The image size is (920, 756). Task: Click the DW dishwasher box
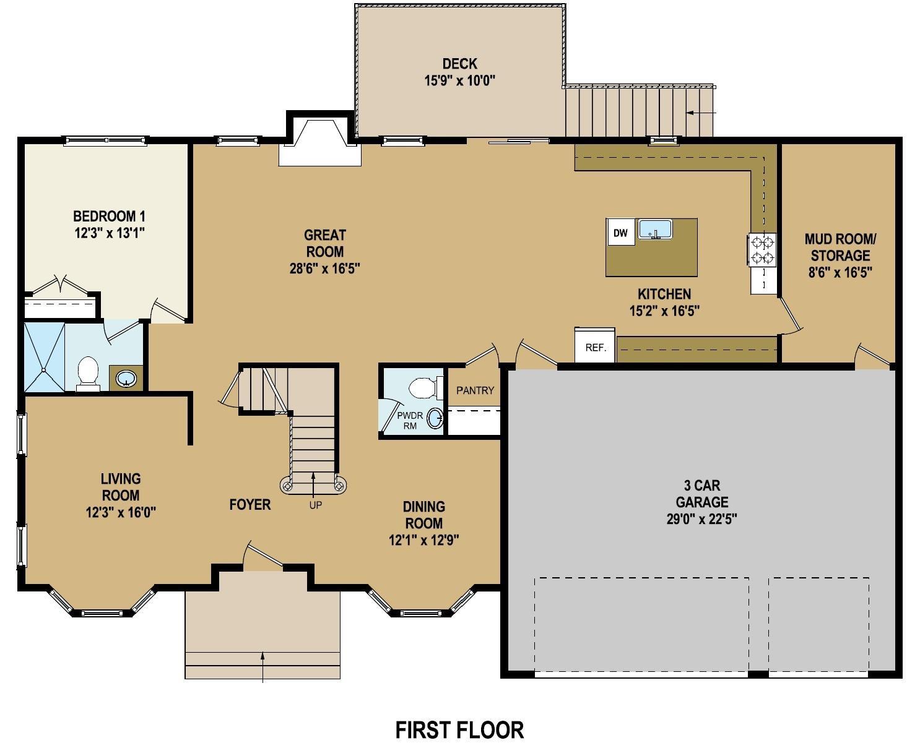pyautogui.click(x=621, y=233)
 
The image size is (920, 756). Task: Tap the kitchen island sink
pyautogui.click(x=655, y=229)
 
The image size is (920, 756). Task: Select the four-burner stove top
pyautogui.click(x=763, y=249)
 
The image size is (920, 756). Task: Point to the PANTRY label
pyautogui.click(x=475, y=390)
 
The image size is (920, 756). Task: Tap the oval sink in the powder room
pyautogui.click(x=435, y=419)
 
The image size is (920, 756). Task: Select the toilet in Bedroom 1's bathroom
pyautogui.click(x=88, y=374)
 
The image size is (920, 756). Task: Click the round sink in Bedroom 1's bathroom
pyautogui.click(x=126, y=379)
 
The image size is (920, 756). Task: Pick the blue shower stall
pyautogui.click(x=44, y=357)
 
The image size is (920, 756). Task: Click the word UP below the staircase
pyautogui.click(x=315, y=505)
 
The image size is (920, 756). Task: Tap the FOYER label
pyautogui.click(x=250, y=504)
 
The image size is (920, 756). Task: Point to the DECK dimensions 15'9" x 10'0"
pyautogui.click(x=460, y=80)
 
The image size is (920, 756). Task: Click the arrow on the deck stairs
pyautogui.click(x=701, y=113)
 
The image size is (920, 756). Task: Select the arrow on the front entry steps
pyautogui.click(x=263, y=667)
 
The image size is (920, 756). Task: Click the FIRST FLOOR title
pyautogui.click(x=459, y=730)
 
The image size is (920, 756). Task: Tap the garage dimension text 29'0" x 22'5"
pyautogui.click(x=701, y=519)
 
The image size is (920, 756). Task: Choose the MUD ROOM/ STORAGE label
pyautogui.click(x=840, y=247)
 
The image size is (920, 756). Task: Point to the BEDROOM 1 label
pyautogui.click(x=109, y=216)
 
